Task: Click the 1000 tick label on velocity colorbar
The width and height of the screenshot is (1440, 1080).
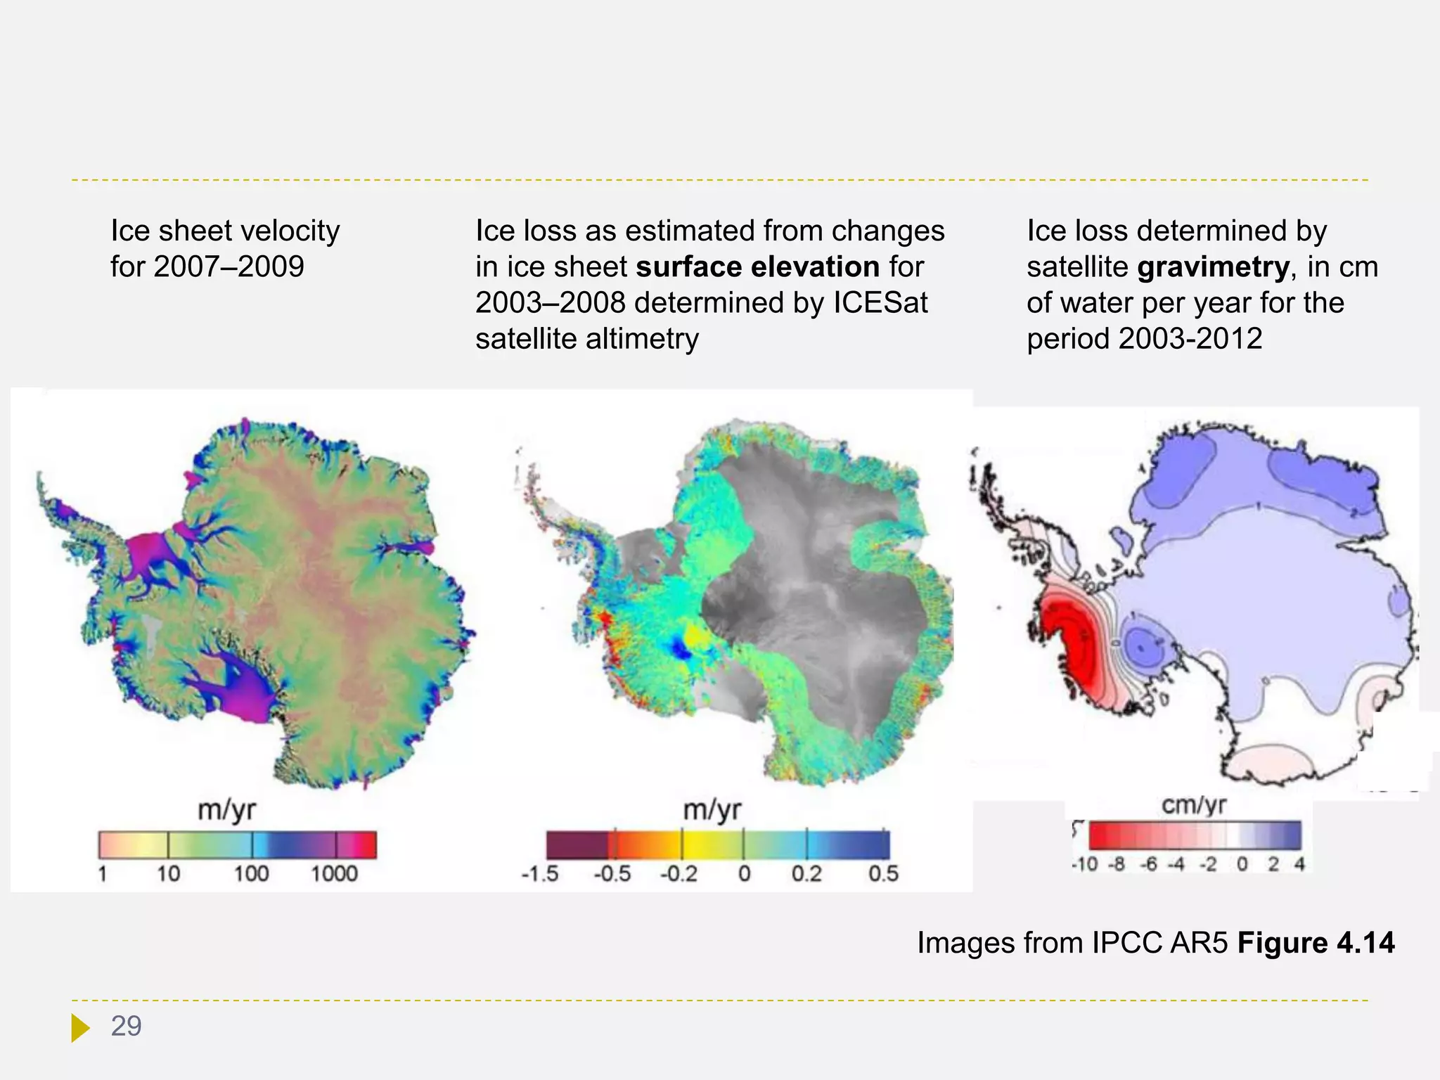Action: pos(334,874)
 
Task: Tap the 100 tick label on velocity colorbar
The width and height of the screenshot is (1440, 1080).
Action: pos(251,874)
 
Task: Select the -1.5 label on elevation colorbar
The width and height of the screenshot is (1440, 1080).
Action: pos(540,874)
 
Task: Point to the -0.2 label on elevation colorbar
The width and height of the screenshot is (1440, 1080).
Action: pos(679,874)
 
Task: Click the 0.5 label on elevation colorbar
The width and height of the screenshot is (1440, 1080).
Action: pos(883,874)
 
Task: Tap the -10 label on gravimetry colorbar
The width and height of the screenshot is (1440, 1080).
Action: pos(1084,864)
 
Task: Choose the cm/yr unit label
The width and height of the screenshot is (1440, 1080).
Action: pos(1194,805)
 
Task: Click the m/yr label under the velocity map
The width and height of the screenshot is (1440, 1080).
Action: pos(226,810)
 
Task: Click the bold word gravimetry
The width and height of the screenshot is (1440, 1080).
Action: pos(1213,267)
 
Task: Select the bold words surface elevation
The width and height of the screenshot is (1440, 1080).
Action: pos(757,267)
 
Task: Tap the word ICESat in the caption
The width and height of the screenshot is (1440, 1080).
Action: pos(880,303)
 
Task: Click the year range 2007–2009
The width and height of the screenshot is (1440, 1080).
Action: pos(229,267)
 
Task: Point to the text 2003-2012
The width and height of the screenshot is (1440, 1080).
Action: pos(1190,339)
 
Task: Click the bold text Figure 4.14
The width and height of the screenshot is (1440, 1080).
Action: pos(1316,943)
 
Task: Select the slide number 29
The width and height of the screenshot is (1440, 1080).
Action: pos(127,1027)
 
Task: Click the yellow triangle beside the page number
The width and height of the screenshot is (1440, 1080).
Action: pos(79,1028)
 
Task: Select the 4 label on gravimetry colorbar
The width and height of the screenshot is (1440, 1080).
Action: pos(1299,864)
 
